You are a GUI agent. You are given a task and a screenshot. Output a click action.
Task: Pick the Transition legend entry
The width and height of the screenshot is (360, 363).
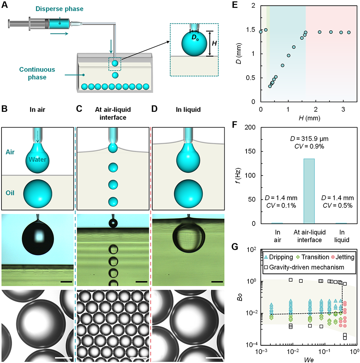pos(306,257)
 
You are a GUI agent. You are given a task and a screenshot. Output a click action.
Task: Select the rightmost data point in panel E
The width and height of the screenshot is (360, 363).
pos(349,32)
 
